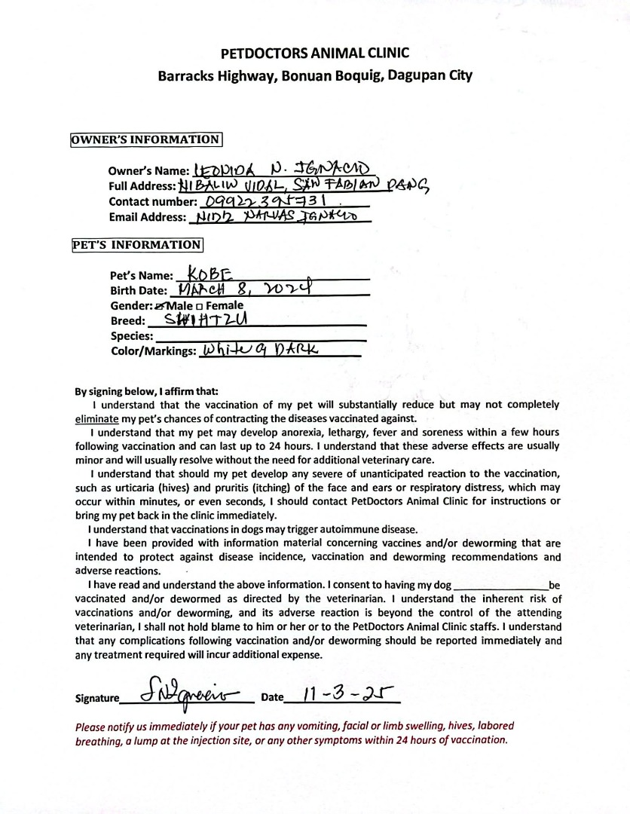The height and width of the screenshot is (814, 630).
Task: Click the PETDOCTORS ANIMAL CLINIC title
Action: [315, 54]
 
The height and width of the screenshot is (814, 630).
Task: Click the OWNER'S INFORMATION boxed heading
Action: [145, 139]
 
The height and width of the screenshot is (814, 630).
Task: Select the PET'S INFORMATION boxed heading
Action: [136, 245]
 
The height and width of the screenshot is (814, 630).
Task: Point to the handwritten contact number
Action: [269, 201]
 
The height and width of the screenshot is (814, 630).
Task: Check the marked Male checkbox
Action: [159, 306]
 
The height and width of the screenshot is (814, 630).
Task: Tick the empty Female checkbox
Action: [199, 306]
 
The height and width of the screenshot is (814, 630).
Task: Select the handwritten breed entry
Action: [206, 320]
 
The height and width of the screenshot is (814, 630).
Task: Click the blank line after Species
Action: [260, 336]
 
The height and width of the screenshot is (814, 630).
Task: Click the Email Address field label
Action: [147, 218]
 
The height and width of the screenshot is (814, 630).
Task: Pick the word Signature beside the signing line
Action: [97, 699]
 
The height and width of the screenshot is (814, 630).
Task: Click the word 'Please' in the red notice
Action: [90, 727]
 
